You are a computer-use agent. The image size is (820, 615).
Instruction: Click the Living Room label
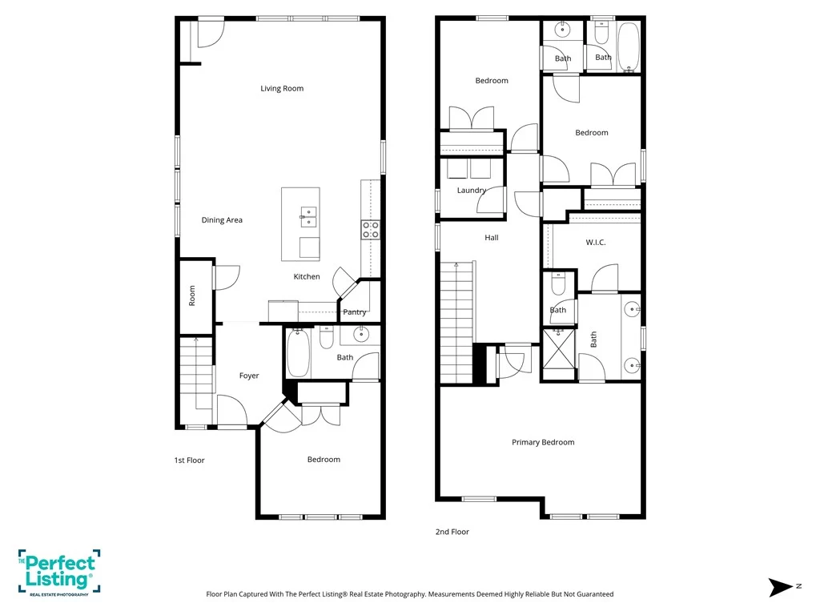click(282, 88)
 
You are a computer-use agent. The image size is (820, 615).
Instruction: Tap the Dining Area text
click(222, 220)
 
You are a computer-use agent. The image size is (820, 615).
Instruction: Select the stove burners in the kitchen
click(371, 230)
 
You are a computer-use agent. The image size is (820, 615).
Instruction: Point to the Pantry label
click(355, 312)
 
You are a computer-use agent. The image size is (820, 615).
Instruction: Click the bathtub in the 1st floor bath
click(298, 352)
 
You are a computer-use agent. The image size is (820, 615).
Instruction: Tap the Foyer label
click(249, 376)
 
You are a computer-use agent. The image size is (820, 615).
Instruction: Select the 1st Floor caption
click(189, 460)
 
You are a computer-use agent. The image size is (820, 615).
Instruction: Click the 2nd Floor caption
click(452, 532)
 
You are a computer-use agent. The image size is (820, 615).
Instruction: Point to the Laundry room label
click(472, 191)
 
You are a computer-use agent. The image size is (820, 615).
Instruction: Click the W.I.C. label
click(596, 242)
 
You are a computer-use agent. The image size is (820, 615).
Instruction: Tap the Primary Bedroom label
click(543, 442)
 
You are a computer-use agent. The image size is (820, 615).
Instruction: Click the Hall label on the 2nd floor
click(492, 237)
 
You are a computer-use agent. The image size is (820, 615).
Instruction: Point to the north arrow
click(780, 587)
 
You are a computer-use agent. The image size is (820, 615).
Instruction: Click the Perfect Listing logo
click(59, 573)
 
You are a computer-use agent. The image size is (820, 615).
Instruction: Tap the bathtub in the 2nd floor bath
click(628, 46)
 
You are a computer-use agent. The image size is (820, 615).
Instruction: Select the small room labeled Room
click(195, 296)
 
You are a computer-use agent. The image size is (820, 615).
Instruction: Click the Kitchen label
click(307, 276)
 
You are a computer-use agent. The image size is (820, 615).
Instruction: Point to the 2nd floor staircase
click(457, 322)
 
